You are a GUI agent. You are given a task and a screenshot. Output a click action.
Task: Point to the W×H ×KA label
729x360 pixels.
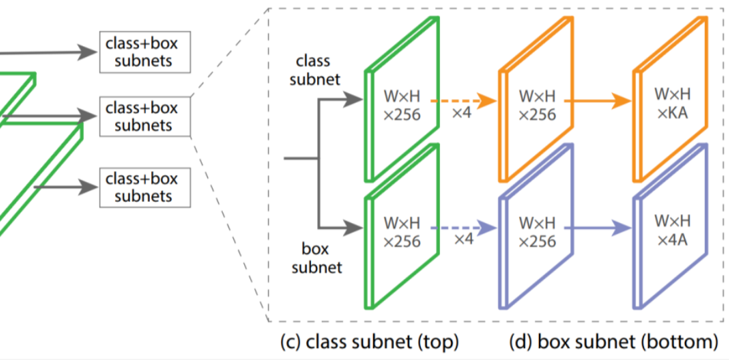pyautogui.click(x=671, y=103)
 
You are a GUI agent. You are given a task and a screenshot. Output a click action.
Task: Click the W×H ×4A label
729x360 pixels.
pyautogui.click(x=671, y=230)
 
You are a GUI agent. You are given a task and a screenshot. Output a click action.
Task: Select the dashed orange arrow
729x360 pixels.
pyautogui.click(x=462, y=101)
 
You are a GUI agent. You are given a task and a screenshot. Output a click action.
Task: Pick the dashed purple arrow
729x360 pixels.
pyautogui.click(x=462, y=228)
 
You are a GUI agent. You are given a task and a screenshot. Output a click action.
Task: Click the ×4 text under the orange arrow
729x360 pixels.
pyautogui.click(x=462, y=113)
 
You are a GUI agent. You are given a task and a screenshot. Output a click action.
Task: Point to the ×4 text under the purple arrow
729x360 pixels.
pyautogui.click(x=462, y=239)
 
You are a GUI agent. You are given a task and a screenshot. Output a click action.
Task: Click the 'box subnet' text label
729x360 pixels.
pyautogui.click(x=316, y=258)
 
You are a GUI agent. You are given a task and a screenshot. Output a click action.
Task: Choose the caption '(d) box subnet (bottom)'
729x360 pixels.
pyautogui.click(x=613, y=342)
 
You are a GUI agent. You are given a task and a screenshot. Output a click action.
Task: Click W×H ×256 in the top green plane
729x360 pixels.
pyautogui.click(x=402, y=104)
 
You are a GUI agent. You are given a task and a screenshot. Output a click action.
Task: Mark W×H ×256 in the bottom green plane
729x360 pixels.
pyautogui.click(x=402, y=231)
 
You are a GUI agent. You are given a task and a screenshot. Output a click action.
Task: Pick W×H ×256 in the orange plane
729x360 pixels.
pyautogui.click(x=537, y=104)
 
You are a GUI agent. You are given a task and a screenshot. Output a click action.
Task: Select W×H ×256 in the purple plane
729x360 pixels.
pyautogui.click(x=537, y=231)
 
